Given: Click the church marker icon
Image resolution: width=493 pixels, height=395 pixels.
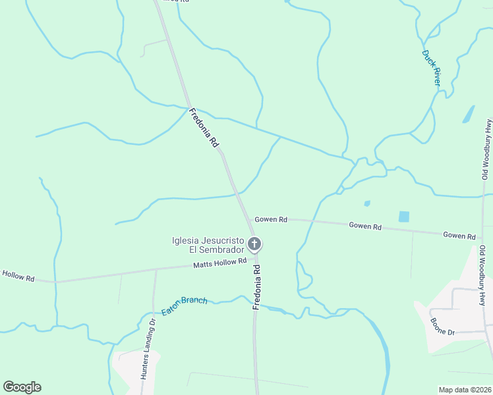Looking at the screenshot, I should [255, 245].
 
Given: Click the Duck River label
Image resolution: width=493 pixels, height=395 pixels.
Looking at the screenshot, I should [431, 68].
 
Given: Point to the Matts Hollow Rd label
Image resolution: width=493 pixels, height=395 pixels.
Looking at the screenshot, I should [219, 264].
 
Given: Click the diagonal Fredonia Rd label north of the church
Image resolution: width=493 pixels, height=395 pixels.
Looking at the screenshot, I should [204, 127].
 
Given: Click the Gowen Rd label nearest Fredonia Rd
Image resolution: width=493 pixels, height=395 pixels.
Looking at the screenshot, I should [271, 219].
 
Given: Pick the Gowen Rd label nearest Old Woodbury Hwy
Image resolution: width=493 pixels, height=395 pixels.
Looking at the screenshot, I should [459, 235].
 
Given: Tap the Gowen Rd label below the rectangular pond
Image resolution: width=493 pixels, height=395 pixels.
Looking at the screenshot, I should [365, 226].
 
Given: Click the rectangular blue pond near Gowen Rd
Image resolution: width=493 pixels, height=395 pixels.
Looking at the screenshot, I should [403, 216].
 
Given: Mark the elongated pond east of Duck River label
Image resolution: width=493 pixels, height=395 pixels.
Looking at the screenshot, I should [469, 114].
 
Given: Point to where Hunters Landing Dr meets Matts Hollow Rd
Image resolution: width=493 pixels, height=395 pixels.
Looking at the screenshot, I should [156, 269].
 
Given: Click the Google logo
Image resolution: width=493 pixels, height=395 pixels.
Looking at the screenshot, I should [22, 387].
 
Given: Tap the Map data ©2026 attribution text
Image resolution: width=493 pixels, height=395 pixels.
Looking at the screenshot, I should [464, 390].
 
